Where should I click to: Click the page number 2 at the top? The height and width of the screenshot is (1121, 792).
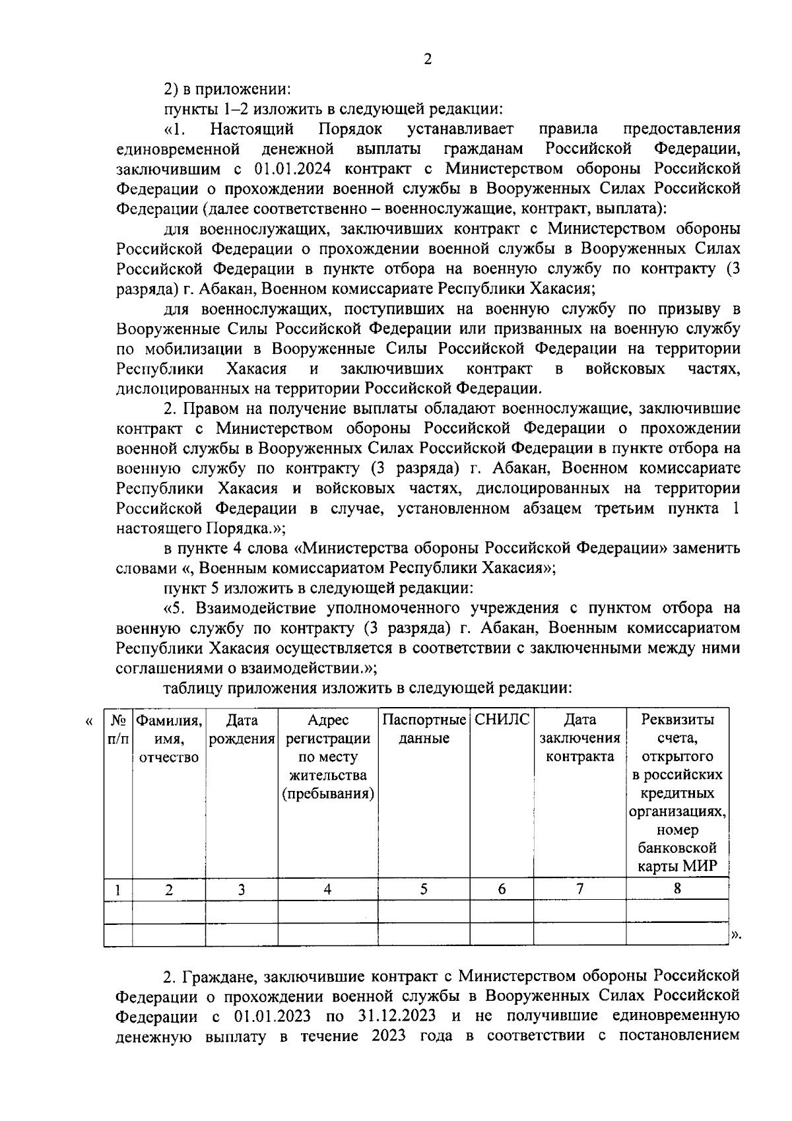[x=427, y=59]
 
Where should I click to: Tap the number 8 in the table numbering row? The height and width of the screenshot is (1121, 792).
[x=677, y=889]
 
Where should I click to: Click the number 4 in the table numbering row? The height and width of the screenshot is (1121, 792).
[x=327, y=889]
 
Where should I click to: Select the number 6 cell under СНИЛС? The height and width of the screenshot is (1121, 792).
[x=502, y=889]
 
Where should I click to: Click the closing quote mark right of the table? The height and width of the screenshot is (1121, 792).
[x=737, y=934]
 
